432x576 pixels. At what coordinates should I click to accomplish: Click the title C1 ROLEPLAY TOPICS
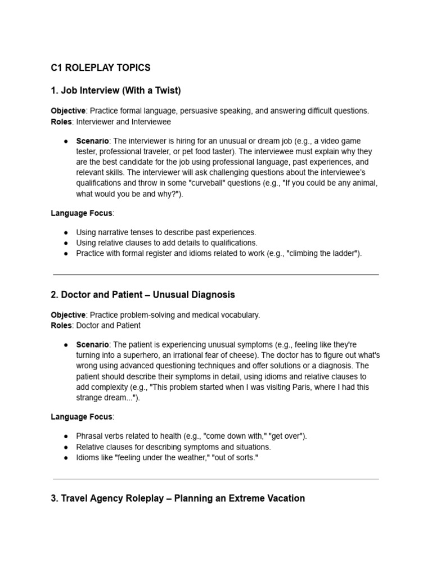click(x=101, y=68)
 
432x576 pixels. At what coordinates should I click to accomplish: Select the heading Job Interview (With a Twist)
click(x=116, y=90)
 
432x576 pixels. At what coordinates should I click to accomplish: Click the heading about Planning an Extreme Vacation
click(x=178, y=498)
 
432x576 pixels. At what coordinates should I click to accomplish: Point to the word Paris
click(x=309, y=387)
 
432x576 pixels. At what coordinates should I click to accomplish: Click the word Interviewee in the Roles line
click(x=152, y=121)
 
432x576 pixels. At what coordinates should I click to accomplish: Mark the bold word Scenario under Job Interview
click(x=92, y=141)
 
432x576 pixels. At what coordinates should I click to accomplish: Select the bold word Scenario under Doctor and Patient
click(x=92, y=344)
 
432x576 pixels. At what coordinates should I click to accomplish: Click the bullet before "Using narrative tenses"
click(x=66, y=232)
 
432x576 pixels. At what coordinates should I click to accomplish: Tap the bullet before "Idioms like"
click(x=66, y=457)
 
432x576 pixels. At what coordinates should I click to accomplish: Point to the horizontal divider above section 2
click(x=215, y=275)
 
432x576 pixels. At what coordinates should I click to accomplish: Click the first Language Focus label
click(x=82, y=213)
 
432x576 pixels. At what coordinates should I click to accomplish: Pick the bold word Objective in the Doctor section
click(x=68, y=315)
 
